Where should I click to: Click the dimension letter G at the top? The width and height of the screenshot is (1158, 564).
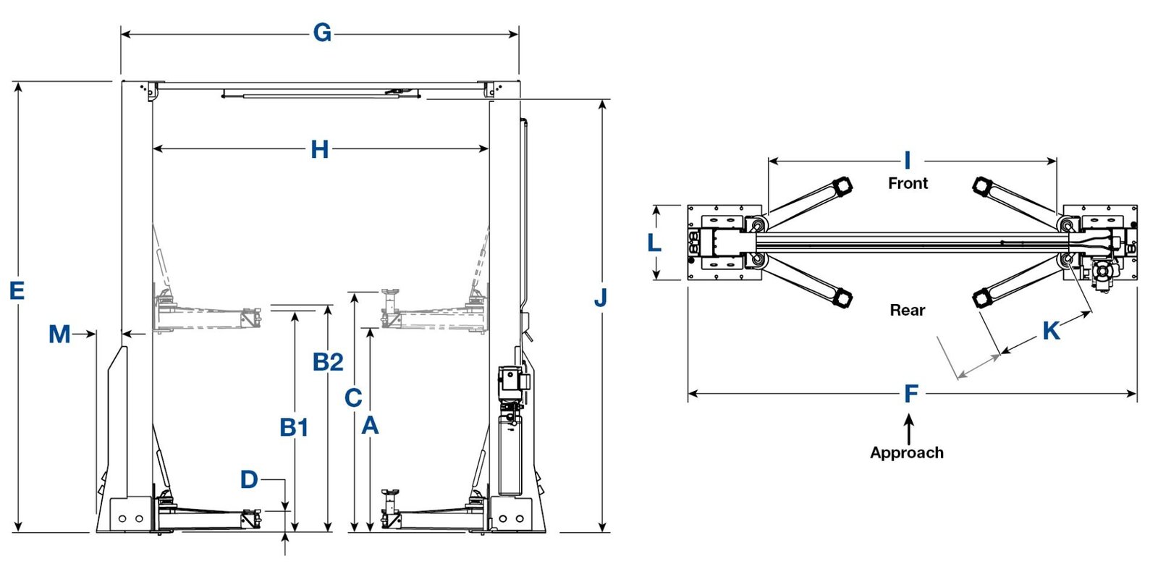pyautogui.click(x=322, y=33)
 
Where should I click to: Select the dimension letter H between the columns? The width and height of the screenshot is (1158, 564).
pyautogui.click(x=319, y=150)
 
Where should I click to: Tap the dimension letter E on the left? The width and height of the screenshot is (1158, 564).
pyautogui.click(x=17, y=291)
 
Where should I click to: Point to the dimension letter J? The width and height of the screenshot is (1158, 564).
pyautogui.click(x=600, y=297)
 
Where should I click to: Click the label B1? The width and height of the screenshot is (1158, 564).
pyautogui.click(x=294, y=428)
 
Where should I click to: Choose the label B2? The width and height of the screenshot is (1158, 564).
pyautogui.click(x=328, y=362)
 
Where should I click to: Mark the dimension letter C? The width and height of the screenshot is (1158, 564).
pyautogui.click(x=353, y=397)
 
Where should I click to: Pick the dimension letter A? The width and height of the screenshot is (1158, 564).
pyautogui.click(x=370, y=426)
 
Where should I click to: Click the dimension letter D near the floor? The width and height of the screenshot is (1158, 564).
pyautogui.click(x=249, y=479)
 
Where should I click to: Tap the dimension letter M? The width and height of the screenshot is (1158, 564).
pyautogui.click(x=59, y=334)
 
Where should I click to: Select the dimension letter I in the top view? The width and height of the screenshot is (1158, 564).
pyautogui.click(x=907, y=161)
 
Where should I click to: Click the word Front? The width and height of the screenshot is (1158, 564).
pyautogui.click(x=908, y=183)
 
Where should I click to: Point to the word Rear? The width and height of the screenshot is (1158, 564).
pyautogui.click(x=908, y=311)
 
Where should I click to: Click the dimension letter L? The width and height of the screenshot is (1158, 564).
pyautogui.click(x=654, y=243)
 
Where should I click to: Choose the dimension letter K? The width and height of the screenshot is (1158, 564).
pyautogui.click(x=1051, y=331)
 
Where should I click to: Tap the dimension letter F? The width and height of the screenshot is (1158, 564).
pyautogui.click(x=911, y=394)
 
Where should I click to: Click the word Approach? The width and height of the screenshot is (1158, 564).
pyautogui.click(x=907, y=453)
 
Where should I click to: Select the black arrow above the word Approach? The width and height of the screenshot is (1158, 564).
pyautogui.click(x=909, y=428)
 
